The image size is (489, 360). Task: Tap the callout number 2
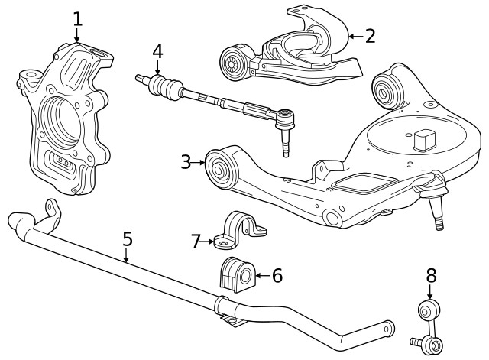point(370,35)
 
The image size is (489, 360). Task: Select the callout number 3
point(186,162)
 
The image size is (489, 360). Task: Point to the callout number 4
point(157,52)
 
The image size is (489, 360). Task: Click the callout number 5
point(127,238)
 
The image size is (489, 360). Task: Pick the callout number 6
point(277,275)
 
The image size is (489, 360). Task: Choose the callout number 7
point(196,242)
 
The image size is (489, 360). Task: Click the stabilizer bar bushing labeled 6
point(235,274)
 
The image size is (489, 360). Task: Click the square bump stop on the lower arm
point(423,140)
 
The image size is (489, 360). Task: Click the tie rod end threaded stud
point(286,144)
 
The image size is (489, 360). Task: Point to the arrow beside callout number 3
point(200,162)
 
